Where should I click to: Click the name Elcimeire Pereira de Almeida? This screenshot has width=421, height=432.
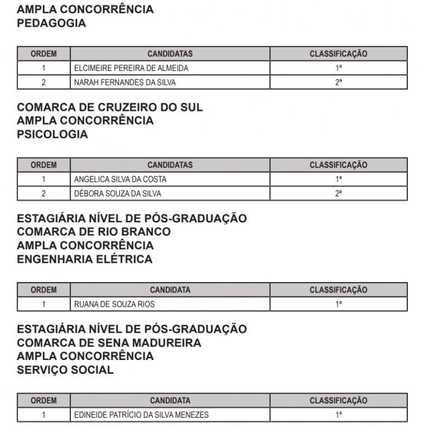pos(131,68)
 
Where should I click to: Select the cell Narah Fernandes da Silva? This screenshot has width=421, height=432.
pos(125,82)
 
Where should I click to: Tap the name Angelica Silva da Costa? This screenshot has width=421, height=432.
pos(120,179)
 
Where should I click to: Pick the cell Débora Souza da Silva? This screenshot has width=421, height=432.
pos(118,193)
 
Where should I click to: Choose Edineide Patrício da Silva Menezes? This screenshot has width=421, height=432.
pos(141,415)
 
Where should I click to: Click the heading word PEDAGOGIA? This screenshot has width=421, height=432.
pos(52,23)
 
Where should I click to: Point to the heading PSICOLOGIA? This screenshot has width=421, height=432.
pos(52,134)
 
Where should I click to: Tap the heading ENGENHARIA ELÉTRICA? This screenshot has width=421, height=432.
pos(84,259)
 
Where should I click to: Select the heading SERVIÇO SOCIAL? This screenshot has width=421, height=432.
pos(65,370)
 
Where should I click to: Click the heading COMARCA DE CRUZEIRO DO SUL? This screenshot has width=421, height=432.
pos(110,107)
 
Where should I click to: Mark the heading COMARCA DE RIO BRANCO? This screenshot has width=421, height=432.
pos(94,232)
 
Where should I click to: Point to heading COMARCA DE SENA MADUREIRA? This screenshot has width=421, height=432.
pos(109,343)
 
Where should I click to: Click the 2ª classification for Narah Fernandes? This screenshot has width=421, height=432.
pos(338,82)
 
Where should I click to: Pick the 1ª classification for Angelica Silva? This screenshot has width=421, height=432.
pos(338,179)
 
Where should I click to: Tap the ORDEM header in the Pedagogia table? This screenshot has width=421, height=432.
pos(43,54)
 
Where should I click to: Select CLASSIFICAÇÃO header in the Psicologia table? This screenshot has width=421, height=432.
pos(338,165)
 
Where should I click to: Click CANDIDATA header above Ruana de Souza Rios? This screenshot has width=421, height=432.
pos(170,290)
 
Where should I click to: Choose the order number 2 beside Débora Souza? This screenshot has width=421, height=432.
pos(43,193)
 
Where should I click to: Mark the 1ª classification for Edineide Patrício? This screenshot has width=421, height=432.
pos(338,415)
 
